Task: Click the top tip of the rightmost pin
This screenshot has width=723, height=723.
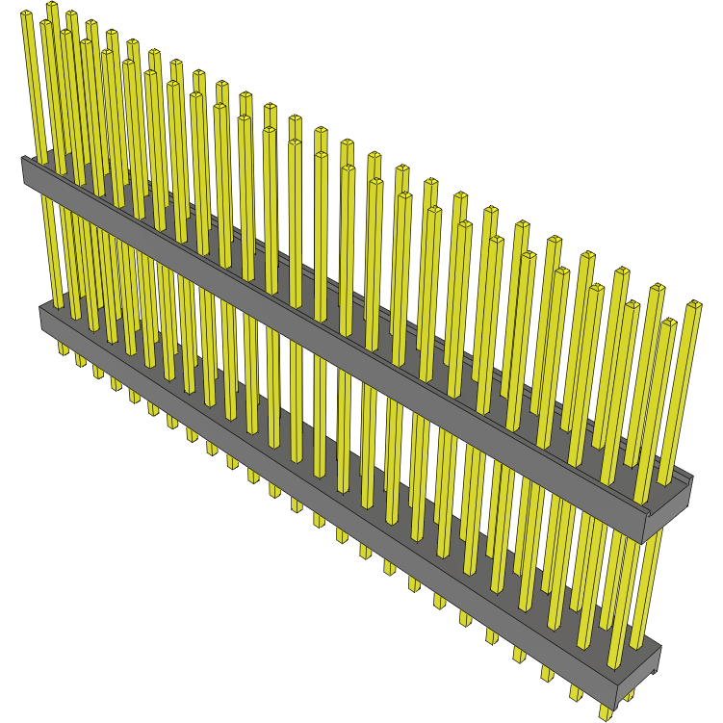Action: (693, 305)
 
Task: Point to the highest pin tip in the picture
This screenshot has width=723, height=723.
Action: (51, 6)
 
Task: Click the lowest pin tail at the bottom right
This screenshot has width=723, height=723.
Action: (605, 712)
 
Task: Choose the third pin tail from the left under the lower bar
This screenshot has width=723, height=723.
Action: (98, 371)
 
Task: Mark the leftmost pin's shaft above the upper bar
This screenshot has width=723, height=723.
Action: (34, 87)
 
